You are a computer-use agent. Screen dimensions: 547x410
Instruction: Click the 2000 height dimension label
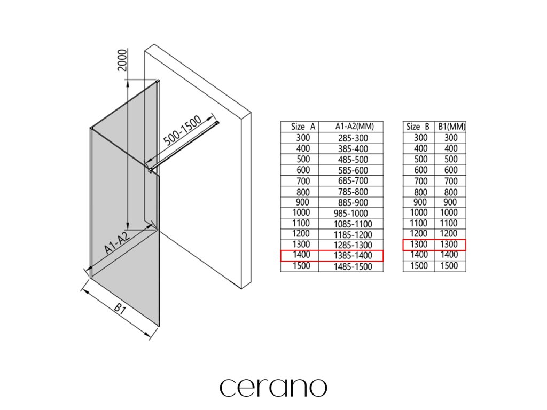click(x=122, y=61)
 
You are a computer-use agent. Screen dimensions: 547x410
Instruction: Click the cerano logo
click(x=273, y=387)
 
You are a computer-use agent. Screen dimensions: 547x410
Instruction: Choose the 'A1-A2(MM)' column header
click(x=351, y=127)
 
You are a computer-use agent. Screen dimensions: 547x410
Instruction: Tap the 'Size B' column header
click(x=418, y=127)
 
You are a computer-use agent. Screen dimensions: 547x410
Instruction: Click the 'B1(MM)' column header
click(x=450, y=127)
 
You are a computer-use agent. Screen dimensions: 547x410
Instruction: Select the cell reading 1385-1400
click(x=351, y=256)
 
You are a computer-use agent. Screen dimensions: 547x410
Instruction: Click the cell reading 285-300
click(x=351, y=138)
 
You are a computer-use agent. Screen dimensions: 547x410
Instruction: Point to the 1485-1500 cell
click(x=351, y=266)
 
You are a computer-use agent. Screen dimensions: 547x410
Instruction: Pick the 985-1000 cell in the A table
click(x=351, y=213)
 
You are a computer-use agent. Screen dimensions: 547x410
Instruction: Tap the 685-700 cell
click(x=351, y=180)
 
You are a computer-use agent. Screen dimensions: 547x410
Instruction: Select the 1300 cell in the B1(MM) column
click(x=450, y=245)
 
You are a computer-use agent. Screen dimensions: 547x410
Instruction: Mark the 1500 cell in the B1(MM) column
click(x=450, y=266)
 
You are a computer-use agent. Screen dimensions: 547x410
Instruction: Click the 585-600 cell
click(x=351, y=170)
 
